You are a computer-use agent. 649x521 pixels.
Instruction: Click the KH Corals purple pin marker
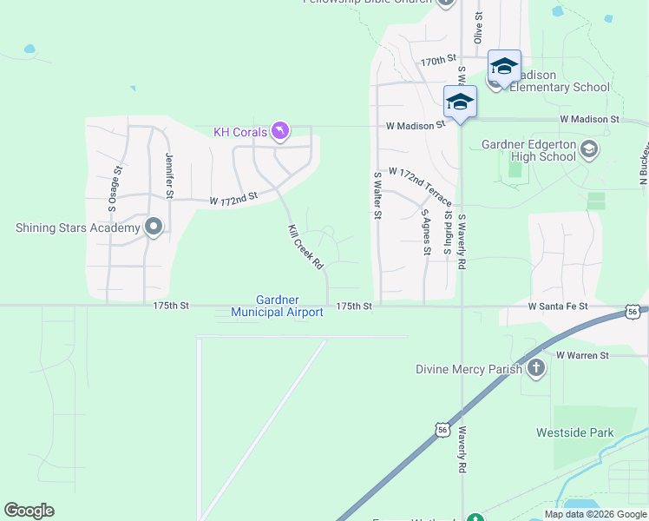(x=279, y=131)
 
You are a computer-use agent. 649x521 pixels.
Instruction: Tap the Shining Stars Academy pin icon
(x=154, y=228)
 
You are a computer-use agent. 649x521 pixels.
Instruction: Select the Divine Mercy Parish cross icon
(x=536, y=368)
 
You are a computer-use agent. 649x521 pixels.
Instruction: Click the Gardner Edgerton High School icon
(x=589, y=148)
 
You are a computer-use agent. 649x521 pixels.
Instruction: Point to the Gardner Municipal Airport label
(x=277, y=306)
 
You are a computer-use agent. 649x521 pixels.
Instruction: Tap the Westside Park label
(x=574, y=432)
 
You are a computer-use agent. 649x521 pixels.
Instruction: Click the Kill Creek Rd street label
(x=305, y=247)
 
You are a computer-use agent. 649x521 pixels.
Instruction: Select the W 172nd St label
(x=234, y=199)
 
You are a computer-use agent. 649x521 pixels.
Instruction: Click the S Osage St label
(x=113, y=189)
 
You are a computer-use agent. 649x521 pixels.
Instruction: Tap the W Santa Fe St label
(x=558, y=307)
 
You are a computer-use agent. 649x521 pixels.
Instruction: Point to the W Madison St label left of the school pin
(x=416, y=125)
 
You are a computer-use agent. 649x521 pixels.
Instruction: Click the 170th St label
(x=438, y=61)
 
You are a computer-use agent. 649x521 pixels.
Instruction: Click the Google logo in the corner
(x=29, y=511)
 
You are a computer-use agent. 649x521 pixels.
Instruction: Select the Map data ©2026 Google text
(x=595, y=514)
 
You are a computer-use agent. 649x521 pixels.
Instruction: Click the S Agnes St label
(x=426, y=232)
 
